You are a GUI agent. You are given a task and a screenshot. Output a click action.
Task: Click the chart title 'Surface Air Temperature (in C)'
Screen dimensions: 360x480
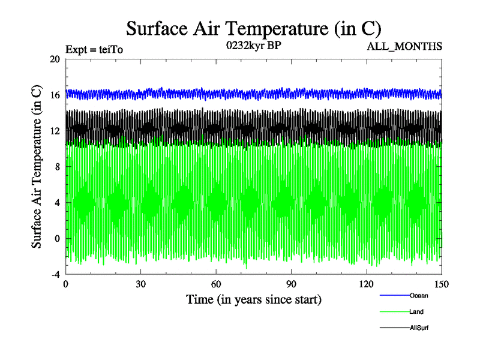[x=253, y=28]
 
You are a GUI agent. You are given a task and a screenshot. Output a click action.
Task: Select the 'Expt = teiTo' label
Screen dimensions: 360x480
[x=95, y=50]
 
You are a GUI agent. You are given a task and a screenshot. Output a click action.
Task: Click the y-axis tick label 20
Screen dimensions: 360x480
[x=55, y=59]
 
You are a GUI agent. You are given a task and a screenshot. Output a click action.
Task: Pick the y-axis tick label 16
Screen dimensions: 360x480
[x=55, y=95]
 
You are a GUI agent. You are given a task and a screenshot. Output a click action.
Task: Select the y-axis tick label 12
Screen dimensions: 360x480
[x=55, y=131]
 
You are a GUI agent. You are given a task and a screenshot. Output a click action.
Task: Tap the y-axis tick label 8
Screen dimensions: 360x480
[x=58, y=167]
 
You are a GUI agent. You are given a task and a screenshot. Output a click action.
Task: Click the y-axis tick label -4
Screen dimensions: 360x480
[x=55, y=274]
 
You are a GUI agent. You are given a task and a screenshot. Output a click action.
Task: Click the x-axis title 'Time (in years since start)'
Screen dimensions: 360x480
[x=253, y=299]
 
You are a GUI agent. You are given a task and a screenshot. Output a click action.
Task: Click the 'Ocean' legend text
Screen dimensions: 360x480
[x=419, y=295]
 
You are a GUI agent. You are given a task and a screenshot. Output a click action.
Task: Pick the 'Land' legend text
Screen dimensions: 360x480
[x=417, y=311]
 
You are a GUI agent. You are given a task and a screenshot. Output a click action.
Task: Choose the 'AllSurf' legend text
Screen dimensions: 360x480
[x=419, y=328]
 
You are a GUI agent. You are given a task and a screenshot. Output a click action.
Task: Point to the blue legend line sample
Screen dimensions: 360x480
[x=395, y=295]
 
